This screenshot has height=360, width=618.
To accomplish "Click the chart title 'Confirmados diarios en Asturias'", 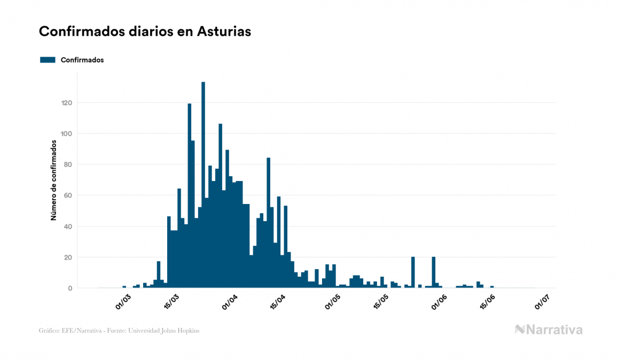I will tap(145, 32).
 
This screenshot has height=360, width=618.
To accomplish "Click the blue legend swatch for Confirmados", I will tap(48, 60).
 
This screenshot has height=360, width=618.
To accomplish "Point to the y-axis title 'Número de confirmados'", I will tap(53, 180).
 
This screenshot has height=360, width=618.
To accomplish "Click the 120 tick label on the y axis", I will tap(67, 103).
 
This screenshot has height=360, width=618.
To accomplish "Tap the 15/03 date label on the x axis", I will tap(171, 301).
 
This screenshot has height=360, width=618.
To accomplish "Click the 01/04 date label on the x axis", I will tap(231, 301).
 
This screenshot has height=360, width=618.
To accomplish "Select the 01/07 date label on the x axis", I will tap(543, 301).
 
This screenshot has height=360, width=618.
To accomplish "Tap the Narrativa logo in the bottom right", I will tap(549, 330).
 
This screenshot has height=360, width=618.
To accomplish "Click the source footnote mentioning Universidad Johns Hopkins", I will tap(119, 331).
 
